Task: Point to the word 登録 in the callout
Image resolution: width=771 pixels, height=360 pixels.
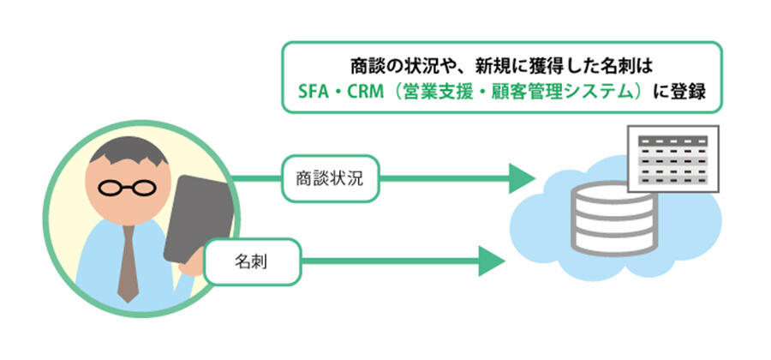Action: click(x=686, y=91)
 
